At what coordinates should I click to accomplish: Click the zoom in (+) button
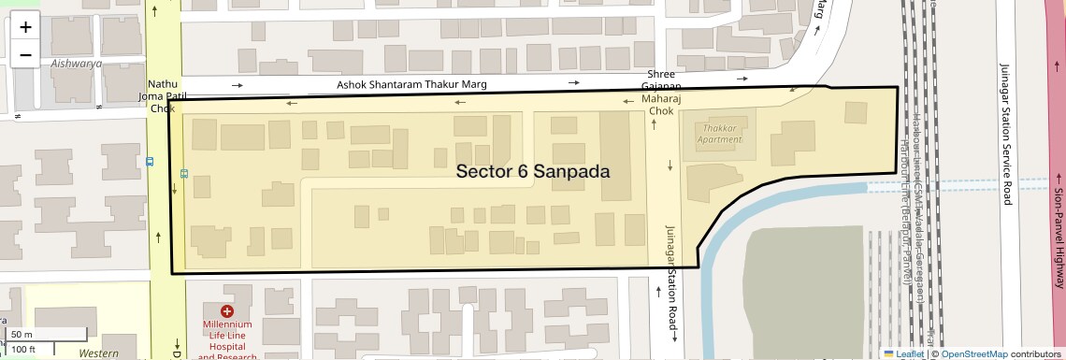(x=25, y=26)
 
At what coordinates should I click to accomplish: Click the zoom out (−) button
(x=25, y=54)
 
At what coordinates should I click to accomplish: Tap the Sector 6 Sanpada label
(x=533, y=172)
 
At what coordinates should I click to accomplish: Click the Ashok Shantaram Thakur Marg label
(x=412, y=86)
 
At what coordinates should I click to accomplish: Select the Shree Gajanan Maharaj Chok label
(x=661, y=93)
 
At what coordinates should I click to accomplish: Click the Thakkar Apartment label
(x=719, y=133)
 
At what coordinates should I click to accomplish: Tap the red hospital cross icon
(x=227, y=311)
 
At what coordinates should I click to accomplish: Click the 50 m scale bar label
(x=22, y=335)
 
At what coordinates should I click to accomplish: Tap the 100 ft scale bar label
(x=23, y=349)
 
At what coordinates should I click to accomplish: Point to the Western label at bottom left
(x=98, y=353)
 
